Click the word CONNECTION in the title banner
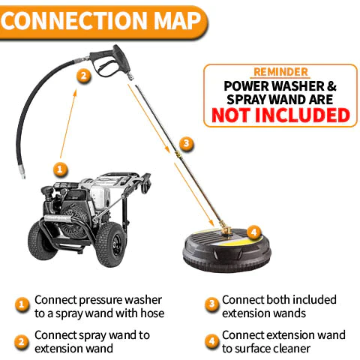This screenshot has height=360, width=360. [73, 20]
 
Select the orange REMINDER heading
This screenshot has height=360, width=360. [280, 72]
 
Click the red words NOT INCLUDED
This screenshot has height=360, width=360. [280, 115]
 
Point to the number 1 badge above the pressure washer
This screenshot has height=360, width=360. [60, 169]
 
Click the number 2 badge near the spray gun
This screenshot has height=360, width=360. [84, 76]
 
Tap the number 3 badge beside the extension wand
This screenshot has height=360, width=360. [187, 143]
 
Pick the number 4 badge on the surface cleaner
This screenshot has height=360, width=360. [254, 232]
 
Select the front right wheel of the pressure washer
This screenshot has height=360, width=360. [110, 244]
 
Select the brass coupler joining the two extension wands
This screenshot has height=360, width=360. [178, 154]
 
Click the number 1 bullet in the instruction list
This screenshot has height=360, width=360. [22, 304]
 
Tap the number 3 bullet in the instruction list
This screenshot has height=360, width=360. [212, 304]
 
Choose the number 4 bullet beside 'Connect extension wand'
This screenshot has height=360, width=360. [212, 341]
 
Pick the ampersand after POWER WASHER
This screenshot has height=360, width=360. [331, 86]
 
